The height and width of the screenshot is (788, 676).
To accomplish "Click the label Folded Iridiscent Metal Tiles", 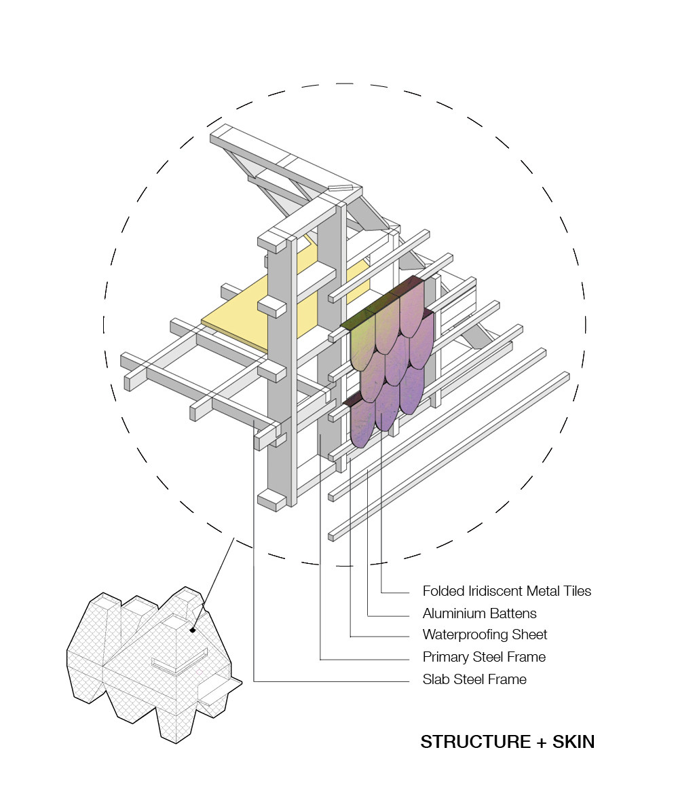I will click(x=506, y=591).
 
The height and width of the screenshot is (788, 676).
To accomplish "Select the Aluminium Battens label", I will click(x=479, y=613).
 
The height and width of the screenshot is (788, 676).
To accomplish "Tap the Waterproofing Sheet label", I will click(x=485, y=635).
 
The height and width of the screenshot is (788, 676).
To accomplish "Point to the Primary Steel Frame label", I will click(x=484, y=657).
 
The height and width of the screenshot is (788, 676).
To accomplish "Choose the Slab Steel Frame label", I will click(x=474, y=679).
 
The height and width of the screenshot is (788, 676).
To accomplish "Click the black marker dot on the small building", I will click(x=193, y=630).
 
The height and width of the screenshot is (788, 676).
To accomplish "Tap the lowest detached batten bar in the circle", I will click(x=448, y=455).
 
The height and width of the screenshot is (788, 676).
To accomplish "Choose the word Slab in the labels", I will click(x=436, y=679).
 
